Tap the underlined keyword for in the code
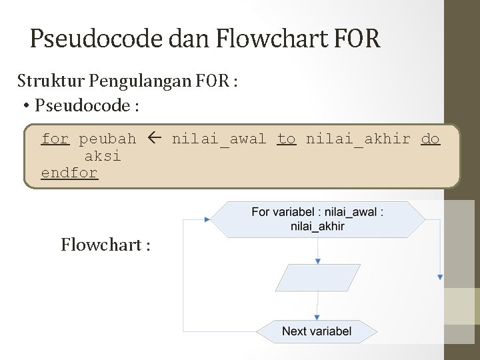pyautogui.click(x=55, y=139)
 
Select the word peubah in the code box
pyautogui.click(x=107, y=139)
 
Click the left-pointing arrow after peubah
pyautogui.click(x=154, y=139)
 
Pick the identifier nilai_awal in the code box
pyautogui.click(x=219, y=139)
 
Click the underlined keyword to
pyautogui.click(x=286, y=139)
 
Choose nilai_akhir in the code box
pyautogui.click(x=358, y=139)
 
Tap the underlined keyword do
pyautogui.click(x=430, y=139)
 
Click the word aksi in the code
pyautogui.click(x=103, y=156)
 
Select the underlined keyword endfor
pyautogui.click(x=69, y=173)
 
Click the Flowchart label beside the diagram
pyautogui.click(x=105, y=245)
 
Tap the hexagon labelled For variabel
pyautogui.click(x=317, y=219)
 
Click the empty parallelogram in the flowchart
pyautogui.click(x=317, y=277)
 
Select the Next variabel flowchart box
pyautogui.click(x=317, y=331)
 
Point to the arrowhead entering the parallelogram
pyautogui.click(x=318, y=261)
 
